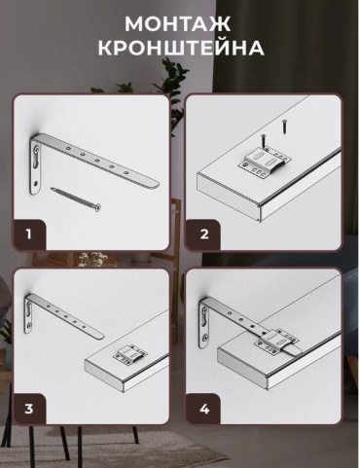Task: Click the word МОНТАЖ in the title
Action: tap(178, 23)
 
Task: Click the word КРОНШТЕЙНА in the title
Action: tap(181, 48)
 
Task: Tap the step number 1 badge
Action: tap(29, 234)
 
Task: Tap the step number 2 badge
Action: tap(204, 234)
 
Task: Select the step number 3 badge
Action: tap(29, 409)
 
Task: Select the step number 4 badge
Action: tap(204, 409)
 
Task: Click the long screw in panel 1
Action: tap(76, 198)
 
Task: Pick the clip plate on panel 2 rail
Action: tap(264, 160)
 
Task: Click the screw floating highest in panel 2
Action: tap(284, 127)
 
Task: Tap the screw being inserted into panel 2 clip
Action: tap(264, 141)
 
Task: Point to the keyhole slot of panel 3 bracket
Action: tap(28, 314)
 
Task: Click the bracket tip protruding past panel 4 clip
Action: tap(295, 349)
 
